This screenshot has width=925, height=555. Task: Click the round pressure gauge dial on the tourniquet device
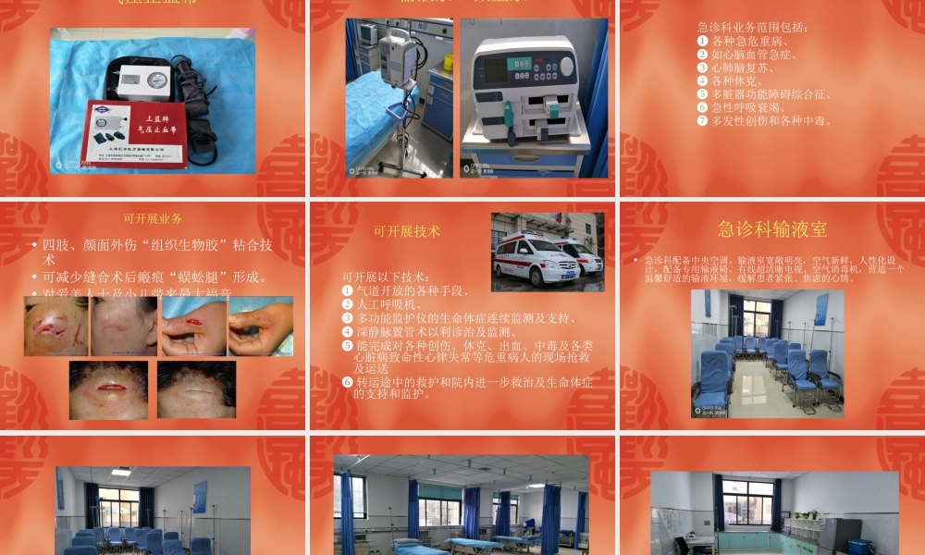[156, 81]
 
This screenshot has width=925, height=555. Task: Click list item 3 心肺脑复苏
[740, 68]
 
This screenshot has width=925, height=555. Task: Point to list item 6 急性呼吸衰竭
[746, 107]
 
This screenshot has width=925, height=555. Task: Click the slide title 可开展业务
[153, 219]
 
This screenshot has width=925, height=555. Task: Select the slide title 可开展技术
[406, 231]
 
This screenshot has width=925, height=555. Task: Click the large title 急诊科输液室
[772, 228]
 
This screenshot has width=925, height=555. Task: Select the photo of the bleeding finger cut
[193, 326]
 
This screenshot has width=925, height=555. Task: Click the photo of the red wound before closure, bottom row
[108, 388]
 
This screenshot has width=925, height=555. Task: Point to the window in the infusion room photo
[756, 317]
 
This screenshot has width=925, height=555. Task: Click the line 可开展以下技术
[385, 277]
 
